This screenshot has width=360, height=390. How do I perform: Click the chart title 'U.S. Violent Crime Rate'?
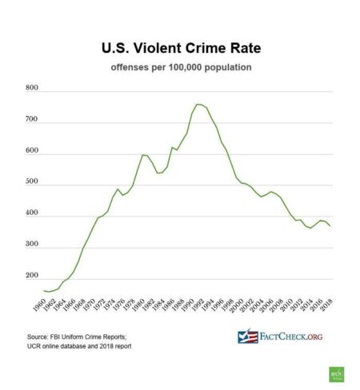point(180,48)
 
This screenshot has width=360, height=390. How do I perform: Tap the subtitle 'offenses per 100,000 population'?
point(180,67)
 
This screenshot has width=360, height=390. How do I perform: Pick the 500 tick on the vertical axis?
point(32,184)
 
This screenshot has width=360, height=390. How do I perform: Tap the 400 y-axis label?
point(32,216)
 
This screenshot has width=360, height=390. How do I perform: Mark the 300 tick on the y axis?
point(32,249)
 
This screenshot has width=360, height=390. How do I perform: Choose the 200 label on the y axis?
point(32,281)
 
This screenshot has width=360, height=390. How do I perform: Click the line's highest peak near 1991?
point(197,104)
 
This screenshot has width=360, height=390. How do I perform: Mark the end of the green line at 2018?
point(330,226)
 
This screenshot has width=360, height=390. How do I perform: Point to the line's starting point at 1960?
point(45,291)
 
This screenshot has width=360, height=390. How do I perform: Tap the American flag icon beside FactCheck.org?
point(248,336)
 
